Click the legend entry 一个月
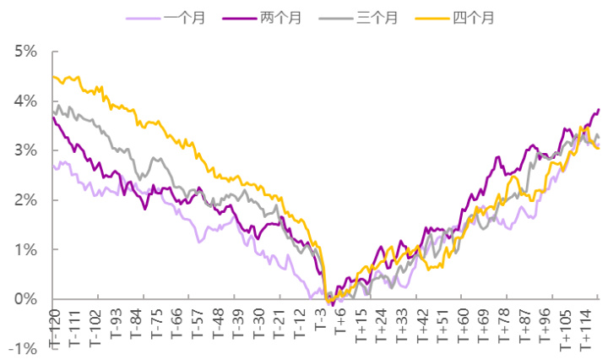[x=193, y=17]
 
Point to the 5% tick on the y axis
[x=25, y=52]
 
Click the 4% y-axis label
[x=25, y=101]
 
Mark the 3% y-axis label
[x=25, y=150]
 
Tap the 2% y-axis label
[x=25, y=200]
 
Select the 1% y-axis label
[x=25, y=250]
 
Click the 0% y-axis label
[x=25, y=299]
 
